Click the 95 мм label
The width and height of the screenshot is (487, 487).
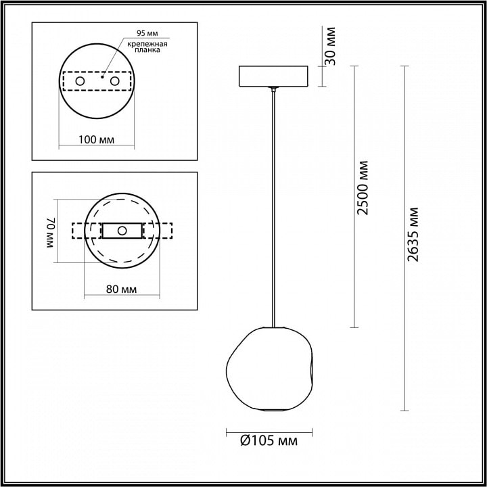click(x=147, y=33)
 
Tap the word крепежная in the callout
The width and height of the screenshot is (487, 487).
click(x=147, y=44)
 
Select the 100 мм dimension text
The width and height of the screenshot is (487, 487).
click(x=96, y=140)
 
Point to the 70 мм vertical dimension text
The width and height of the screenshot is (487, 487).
click(x=51, y=232)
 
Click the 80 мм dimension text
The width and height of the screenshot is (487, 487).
click(x=122, y=289)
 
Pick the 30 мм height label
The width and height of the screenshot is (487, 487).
click(x=331, y=46)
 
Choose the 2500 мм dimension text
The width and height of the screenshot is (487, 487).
click(x=363, y=188)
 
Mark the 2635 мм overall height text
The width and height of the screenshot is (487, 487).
click(x=413, y=235)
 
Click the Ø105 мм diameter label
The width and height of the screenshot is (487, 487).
click(x=269, y=440)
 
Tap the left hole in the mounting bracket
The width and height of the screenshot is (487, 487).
click(x=80, y=81)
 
